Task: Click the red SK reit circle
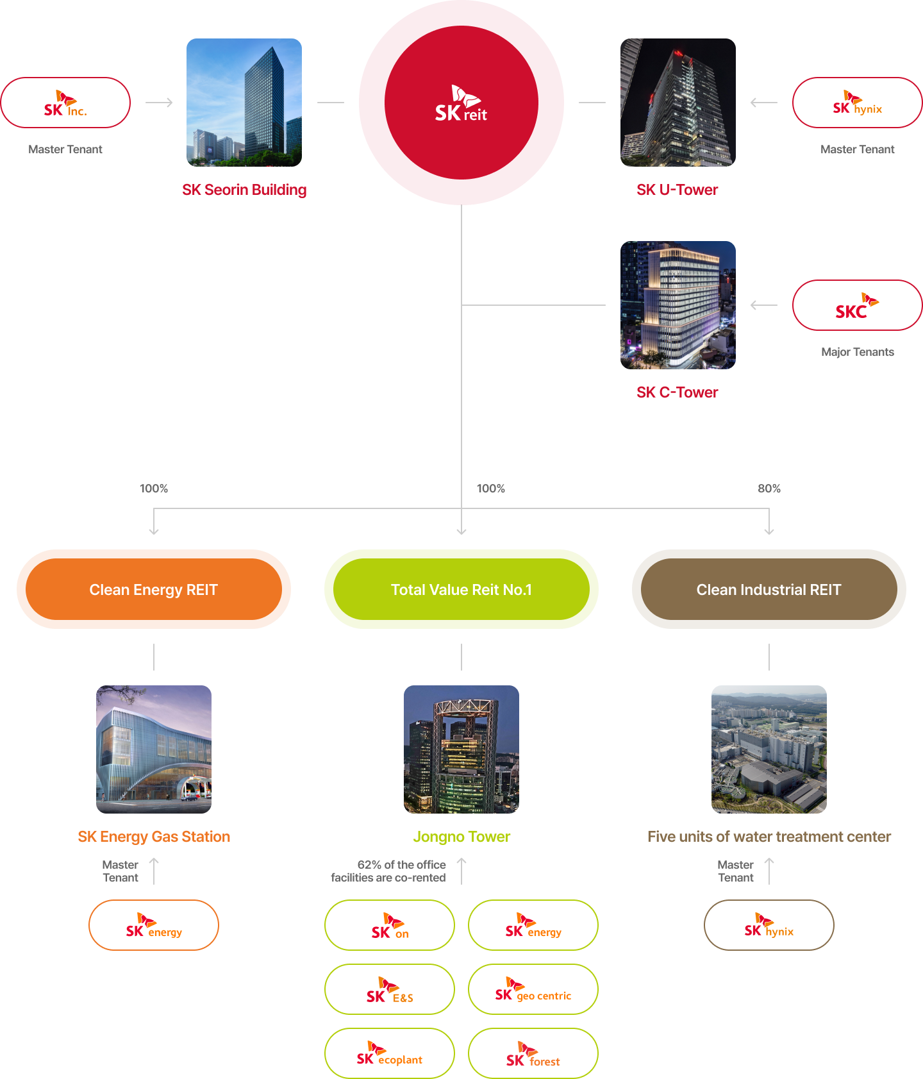tap(462, 103)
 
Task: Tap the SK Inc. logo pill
tap(65, 103)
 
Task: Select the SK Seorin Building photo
tap(244, 103)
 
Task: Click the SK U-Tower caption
tap(678, 190)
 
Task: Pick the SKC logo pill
tap(858, 305)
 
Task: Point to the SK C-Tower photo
tap(678, 305)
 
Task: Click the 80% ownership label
tap(769, 489)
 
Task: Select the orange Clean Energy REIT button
tap(154, 589)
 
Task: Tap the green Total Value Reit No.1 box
tap(462, 589)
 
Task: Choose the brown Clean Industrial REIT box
tap(769, 589)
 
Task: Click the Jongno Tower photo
tap(462, 749)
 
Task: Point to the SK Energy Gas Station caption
tap(154, 837)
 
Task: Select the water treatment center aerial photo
tap(769, 749)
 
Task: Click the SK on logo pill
tap(390, 925)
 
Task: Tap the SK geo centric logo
tap(533, 989)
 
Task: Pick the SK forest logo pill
tap(533, 1053)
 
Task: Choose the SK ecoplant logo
tap(390, 1053)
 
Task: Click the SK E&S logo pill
tap(390, 989)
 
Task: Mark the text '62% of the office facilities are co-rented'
tap(388, 871)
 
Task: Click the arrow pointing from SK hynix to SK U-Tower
tap(763, 103)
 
